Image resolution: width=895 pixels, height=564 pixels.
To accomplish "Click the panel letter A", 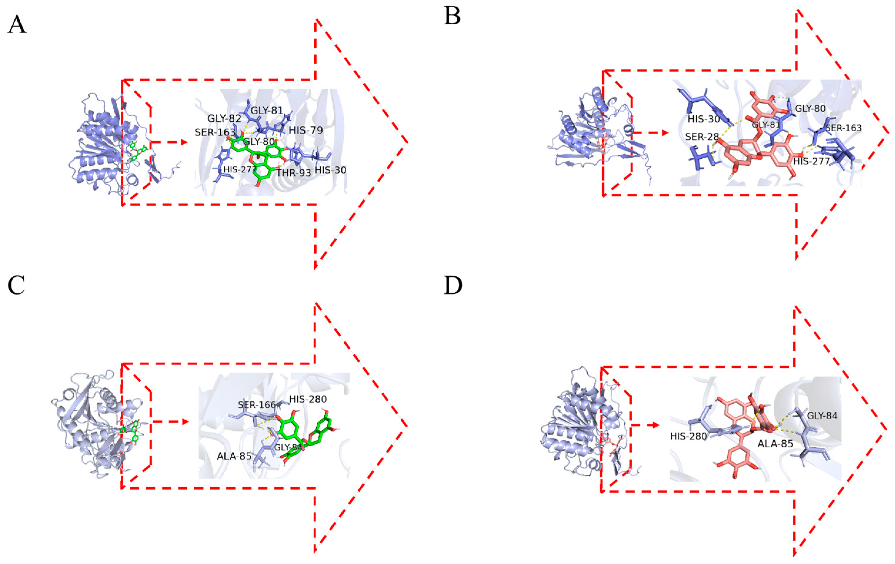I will coord(17,26).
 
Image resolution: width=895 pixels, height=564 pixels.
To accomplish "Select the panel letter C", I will coord(16,285).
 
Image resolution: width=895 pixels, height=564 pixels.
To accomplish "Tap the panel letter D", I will coord(453,286).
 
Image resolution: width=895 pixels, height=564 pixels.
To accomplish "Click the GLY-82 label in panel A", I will coord(224,119).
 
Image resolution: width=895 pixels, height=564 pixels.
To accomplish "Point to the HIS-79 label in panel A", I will coord(305,130).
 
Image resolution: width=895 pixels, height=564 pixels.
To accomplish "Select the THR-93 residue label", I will coord(293,173).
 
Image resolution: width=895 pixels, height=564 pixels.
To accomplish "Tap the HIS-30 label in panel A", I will coord(330,170).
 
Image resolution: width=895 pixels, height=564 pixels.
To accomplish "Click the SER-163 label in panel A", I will coord(215,132).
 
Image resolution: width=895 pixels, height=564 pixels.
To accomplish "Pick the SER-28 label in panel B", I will coord(702,137).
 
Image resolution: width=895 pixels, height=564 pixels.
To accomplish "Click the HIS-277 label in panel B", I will coord(811,161).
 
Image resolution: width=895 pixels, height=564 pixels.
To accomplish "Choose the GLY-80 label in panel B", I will coord(810,109).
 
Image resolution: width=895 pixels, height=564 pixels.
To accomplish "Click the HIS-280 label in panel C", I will coord(308,399).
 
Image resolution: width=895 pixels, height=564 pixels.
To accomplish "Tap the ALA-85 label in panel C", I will coord(234,456).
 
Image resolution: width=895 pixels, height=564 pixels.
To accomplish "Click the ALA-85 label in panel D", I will coord(775,444).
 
